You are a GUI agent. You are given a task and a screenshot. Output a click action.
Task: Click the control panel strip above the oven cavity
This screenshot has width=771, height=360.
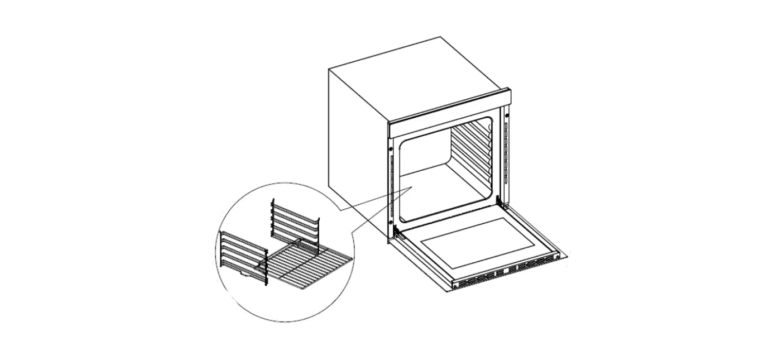[x=450, y=113]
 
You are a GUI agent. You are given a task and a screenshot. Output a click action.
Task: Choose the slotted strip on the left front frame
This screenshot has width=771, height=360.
[x=393, y=185]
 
